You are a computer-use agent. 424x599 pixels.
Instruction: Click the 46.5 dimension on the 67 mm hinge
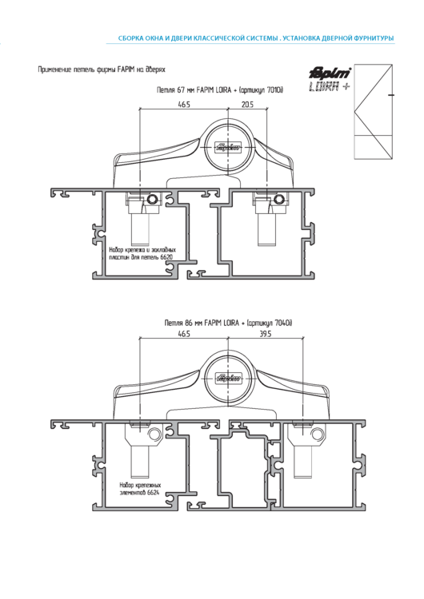(x=184, y=105)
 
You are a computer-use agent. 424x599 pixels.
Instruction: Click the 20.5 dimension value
(x=246, y=105)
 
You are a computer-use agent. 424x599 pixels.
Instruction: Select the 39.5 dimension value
(x=265, y=335)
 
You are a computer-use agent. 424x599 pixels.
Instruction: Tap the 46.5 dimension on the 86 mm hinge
(x=184, y=335)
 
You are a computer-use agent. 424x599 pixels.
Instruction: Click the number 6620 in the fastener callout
(x=166, y=258)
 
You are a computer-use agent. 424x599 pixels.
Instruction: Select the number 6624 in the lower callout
(x=151, y=493)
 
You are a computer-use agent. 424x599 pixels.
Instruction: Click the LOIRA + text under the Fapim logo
(x=328, y=87)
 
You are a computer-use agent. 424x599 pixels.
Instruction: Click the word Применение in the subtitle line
(x=56, y=70)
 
